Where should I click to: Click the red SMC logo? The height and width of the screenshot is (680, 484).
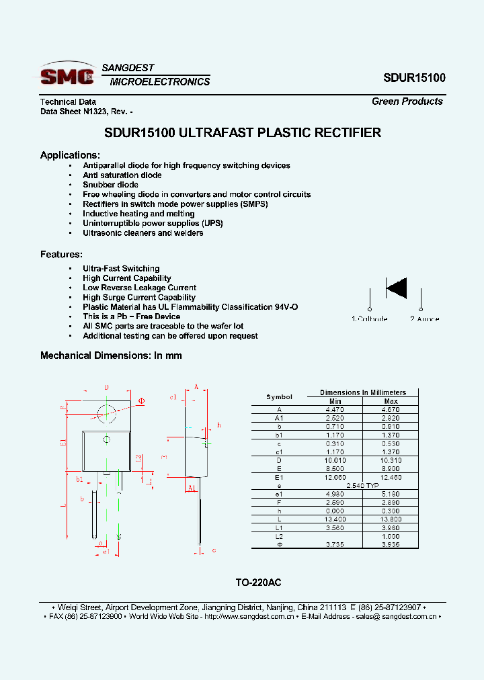(67, 75)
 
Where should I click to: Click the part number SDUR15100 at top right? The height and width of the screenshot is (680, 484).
(414, 78)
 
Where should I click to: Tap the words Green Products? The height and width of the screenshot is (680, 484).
(407, 101)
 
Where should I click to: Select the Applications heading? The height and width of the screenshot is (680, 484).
(70, 155)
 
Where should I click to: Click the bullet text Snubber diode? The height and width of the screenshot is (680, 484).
(110, 185)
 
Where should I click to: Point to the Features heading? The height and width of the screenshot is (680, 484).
(61, 255)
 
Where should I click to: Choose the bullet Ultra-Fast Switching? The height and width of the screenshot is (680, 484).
(121, 269)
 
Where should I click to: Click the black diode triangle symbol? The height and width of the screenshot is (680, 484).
(396, 288)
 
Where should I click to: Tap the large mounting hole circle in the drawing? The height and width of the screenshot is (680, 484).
(106, 411)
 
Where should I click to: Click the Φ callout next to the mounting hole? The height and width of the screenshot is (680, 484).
(142, 401)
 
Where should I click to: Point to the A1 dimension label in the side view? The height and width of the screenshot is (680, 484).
(192, 488)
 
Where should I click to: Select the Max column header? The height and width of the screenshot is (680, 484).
(391, 401)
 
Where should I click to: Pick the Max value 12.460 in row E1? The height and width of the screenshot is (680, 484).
(391, 476)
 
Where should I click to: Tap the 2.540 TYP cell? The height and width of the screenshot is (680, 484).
(362, 485)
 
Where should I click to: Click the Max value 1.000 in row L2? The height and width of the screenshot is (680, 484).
(391, 536)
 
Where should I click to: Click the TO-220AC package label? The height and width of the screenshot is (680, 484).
(254, 583)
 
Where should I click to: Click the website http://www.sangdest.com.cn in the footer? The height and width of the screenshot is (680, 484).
(246, 616)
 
